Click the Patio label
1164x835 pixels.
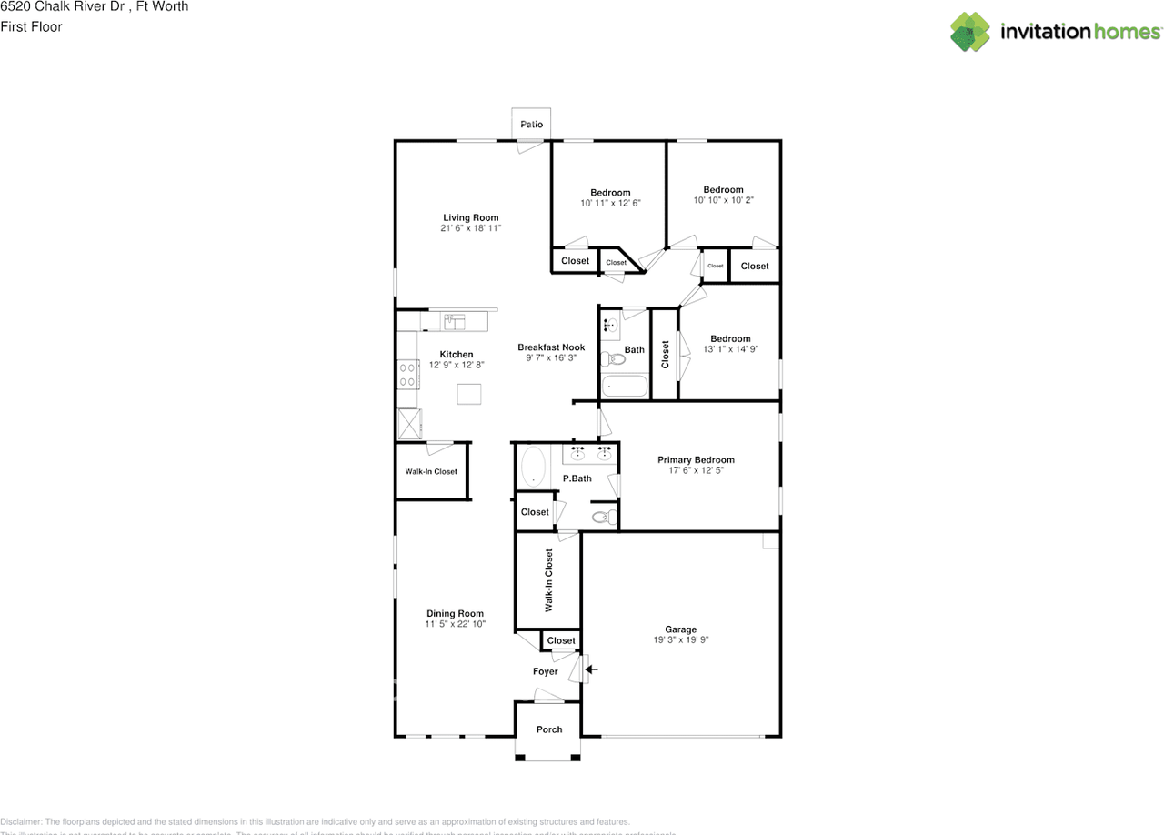[531, 125]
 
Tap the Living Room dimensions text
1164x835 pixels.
[471, 228]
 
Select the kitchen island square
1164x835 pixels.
[469, 394]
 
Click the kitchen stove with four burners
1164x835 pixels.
[406, 374]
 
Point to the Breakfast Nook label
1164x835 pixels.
[551, 347]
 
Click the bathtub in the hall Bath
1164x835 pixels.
[625, 386]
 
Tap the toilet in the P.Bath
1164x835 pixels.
[601, 518]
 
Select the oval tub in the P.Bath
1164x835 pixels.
[532, 467]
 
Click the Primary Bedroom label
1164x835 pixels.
[696, 460]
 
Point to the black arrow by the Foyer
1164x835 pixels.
[591, 670]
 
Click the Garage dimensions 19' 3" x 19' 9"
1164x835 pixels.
[680, 640]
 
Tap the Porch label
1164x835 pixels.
[549, 729]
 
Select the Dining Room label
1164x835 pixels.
[456, 614]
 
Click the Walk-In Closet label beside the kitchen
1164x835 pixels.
[431, 471]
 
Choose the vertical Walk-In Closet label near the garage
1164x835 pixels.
[549, 579]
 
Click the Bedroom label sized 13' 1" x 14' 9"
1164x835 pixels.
[730, 339]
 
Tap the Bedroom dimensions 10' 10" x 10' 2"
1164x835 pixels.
[723, 200]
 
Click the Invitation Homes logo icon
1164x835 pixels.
[970, 32]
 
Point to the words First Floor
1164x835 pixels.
[32, 27]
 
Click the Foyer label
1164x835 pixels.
[546, 671]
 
